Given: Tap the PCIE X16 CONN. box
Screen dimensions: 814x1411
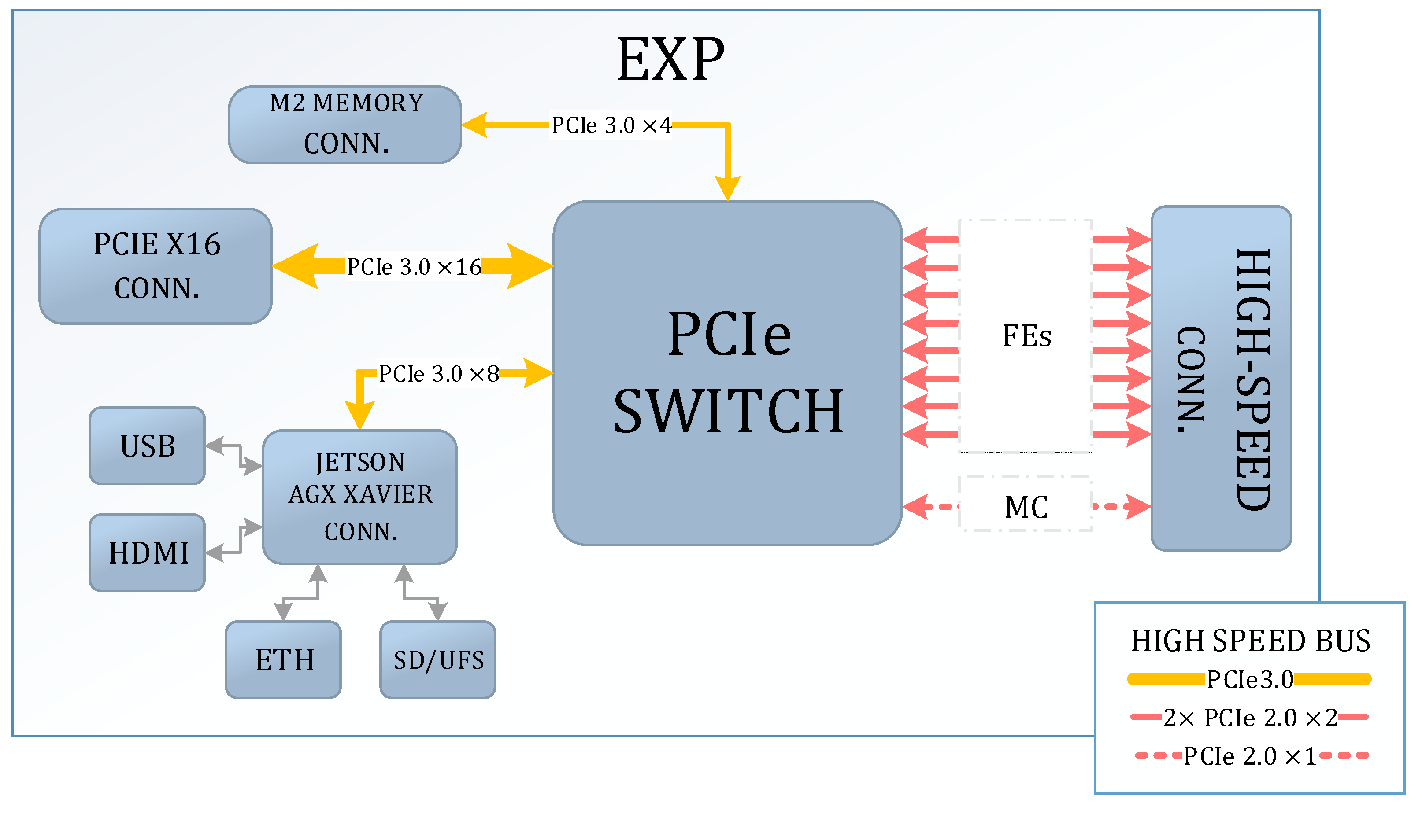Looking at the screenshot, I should click(x=156, y=266).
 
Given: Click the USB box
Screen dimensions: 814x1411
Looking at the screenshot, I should click(x=147, y=446).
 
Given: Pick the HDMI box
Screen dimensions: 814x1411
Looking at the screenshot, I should click(x=147, y=552).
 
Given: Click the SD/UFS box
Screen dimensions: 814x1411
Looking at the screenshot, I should click(x=437, y=660).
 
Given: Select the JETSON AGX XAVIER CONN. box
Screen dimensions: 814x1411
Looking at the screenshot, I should click(x=359, y=497).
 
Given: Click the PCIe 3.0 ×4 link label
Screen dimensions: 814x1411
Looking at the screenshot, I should click(x=610, y=125).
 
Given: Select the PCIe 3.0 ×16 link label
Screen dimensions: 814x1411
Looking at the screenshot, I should click(x=413, y=267).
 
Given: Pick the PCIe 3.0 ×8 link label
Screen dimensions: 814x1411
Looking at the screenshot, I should click(x=438, y=373).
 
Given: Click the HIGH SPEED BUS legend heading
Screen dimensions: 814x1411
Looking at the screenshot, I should click(x=1250, y=641).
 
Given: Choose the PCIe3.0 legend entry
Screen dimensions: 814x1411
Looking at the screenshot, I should click(x=1249, y=679).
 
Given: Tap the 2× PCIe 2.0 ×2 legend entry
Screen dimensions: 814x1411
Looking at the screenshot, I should click(x=1249, y=717).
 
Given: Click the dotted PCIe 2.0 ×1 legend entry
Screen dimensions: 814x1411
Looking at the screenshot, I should click(x=1249, y=756).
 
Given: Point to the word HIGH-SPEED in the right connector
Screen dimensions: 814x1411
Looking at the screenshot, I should click(x=1253, y=379).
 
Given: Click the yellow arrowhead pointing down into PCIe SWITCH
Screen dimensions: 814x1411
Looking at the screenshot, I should click(x=728, y=187).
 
